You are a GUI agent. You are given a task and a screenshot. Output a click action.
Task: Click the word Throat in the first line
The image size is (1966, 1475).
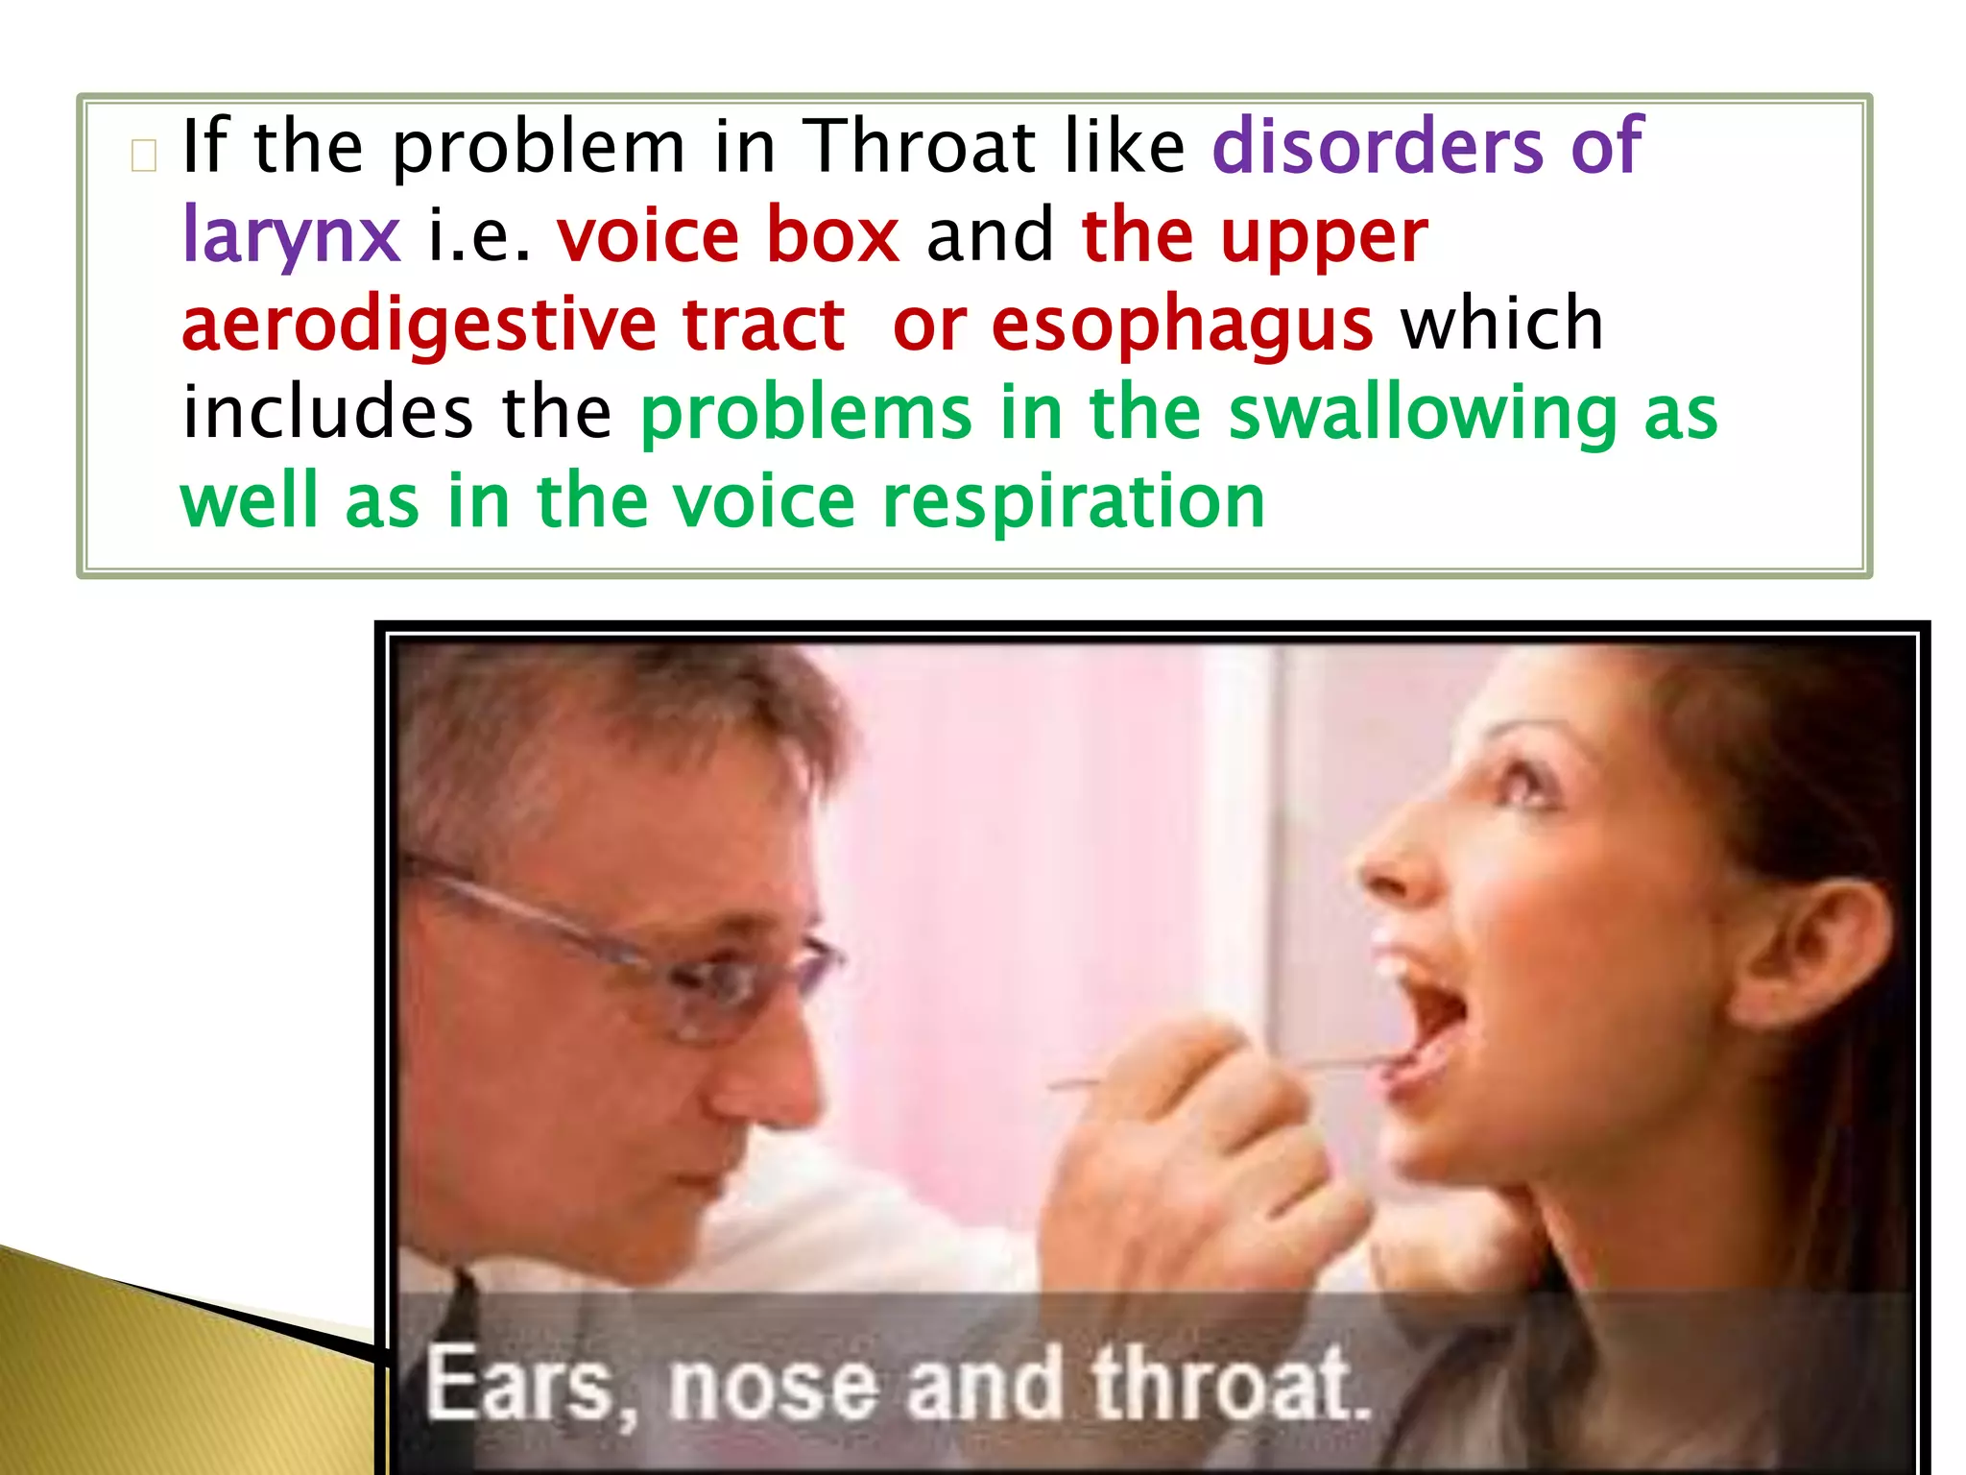coord(919,147)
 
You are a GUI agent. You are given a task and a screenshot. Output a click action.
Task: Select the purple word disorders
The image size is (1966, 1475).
coord(1377,147)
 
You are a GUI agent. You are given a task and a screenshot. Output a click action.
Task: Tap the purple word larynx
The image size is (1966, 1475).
coord(290,236)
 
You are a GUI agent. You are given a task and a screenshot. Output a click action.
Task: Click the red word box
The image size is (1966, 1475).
coord(832,235)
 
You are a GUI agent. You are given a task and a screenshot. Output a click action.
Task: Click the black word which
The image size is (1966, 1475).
coord(1502,324)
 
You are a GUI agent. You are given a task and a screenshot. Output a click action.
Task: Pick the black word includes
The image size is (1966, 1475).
coord(327,413)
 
